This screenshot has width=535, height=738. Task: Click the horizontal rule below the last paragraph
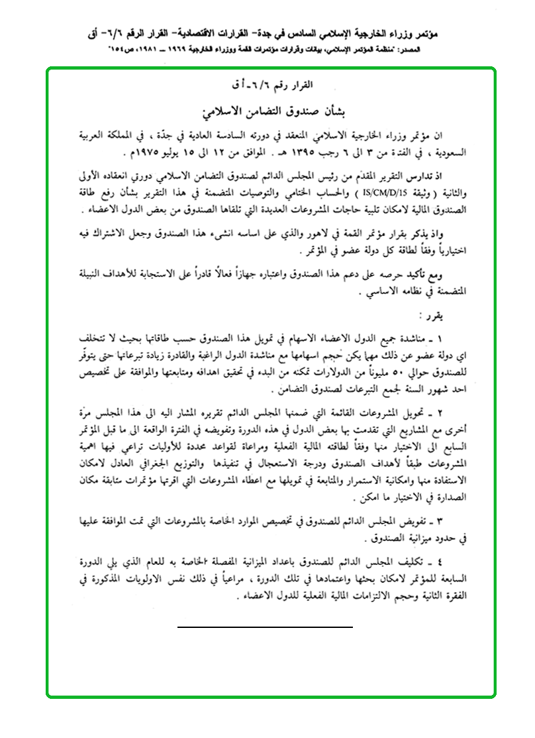pos(265,626)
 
